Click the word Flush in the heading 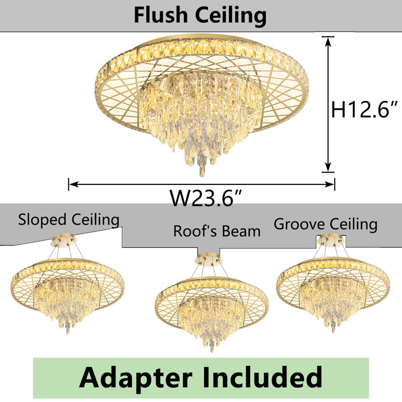tap(161, 15)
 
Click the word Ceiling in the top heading tap(231, 17)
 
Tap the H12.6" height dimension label tap(364, 110)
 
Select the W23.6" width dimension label tap(206, 198)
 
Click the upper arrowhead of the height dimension tap(328, 42)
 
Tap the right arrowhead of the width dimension tap(329, 184)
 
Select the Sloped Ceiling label tap(69, 220)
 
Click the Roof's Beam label tap(217, 231)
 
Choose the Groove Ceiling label tap(326, 224)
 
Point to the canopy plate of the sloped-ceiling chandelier tap(63, 240)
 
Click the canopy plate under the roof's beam tap(209, 259)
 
